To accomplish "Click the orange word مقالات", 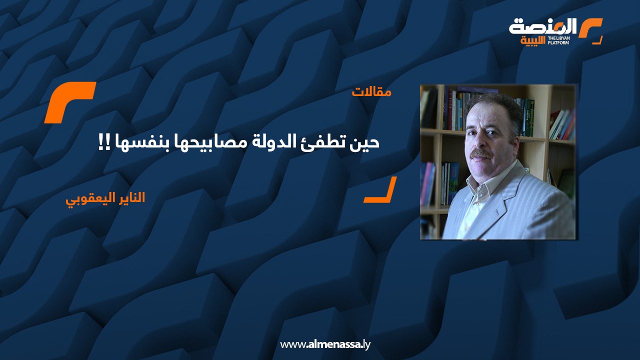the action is (371, 92).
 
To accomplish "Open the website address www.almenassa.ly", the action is (325, 344).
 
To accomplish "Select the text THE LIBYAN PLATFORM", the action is (558, 40).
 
